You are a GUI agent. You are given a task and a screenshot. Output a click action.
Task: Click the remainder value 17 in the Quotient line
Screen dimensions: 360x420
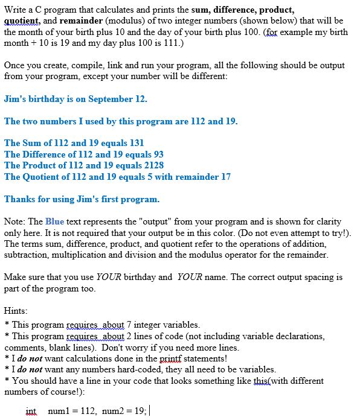pos(225,176)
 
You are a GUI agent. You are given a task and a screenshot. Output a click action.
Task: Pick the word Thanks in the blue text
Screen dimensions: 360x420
pos(20,199)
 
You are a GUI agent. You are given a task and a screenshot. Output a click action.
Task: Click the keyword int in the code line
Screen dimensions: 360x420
pos(31,411)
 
